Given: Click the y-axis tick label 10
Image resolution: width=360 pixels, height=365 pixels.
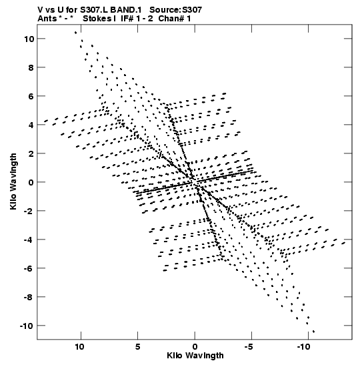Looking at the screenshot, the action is click(29, 39).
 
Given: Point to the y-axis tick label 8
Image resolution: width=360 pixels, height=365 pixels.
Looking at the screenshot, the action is click(31, 67).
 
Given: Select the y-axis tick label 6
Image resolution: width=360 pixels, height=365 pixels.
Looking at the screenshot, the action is click(31, 96).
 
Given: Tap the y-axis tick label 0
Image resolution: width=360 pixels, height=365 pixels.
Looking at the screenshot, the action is click(31, 182).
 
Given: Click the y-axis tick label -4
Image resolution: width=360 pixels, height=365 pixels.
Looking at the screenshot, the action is click(29, 240).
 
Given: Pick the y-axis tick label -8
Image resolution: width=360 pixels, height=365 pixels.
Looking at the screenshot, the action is click(29, 297).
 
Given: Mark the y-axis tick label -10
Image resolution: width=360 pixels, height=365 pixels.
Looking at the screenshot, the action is click(27, 326).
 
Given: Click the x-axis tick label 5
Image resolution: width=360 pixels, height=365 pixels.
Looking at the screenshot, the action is click(138, 347).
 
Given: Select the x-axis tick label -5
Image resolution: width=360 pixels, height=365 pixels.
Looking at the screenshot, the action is click(249, 347).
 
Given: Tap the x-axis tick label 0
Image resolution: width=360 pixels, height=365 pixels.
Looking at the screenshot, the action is click(195, 347).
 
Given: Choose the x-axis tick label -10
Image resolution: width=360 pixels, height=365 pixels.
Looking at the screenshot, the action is click(303, 347).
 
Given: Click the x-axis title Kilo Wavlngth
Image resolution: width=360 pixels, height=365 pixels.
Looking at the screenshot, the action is click(195, 356).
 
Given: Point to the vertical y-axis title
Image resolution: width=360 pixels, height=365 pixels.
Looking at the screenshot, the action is click(13, 181).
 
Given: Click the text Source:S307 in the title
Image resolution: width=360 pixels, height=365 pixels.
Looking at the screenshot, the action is click(175, 10).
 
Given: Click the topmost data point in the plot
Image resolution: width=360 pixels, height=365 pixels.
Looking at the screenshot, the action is click(75, 33).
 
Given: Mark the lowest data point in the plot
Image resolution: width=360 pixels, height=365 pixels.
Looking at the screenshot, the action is click(313, 332).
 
